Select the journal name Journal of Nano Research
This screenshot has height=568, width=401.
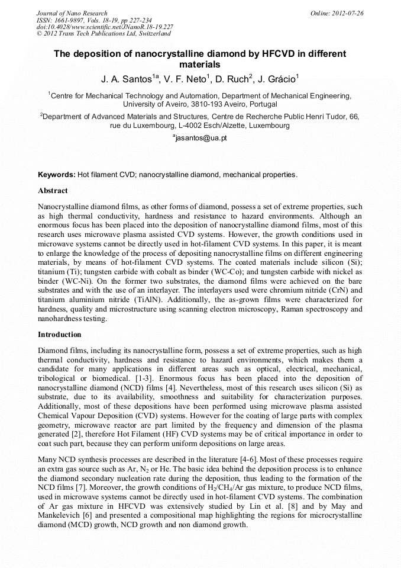pos(72,12)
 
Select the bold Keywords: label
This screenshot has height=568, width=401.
pos(57,175)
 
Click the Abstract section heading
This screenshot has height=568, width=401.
pos(53,191)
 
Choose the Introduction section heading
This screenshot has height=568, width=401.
pos(59,335)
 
